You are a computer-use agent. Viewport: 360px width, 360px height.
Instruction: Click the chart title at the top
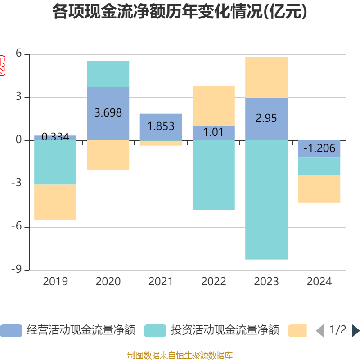point(180,12)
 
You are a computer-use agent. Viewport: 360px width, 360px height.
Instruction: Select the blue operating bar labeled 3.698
point(108,113)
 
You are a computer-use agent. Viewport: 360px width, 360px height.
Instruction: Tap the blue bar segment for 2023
point(266,119)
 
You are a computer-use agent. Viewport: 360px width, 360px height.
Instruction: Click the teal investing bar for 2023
point(266,200)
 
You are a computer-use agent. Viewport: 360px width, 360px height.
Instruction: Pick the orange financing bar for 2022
point(214,106)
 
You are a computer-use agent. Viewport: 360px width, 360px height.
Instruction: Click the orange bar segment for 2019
point(55,202)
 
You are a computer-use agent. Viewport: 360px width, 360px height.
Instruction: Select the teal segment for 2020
point(108,74)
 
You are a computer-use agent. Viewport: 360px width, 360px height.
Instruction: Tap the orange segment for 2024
point(319,189)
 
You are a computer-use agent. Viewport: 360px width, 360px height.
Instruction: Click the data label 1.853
point(161,126)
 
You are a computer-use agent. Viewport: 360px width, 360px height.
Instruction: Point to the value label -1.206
point(319,148)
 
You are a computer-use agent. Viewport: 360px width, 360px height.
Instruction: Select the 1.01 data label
point(214,133)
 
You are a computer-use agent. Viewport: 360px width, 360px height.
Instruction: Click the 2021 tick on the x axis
point(161,282)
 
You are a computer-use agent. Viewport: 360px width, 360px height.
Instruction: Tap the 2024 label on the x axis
point(319,282)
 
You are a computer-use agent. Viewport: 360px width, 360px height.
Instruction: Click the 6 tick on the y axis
point(19,54)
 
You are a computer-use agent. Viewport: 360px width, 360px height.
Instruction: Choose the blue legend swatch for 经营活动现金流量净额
point(11,331)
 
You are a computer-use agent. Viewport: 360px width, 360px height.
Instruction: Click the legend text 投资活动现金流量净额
point(225,330)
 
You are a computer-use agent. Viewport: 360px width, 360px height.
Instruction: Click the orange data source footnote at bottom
point(180,355)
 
